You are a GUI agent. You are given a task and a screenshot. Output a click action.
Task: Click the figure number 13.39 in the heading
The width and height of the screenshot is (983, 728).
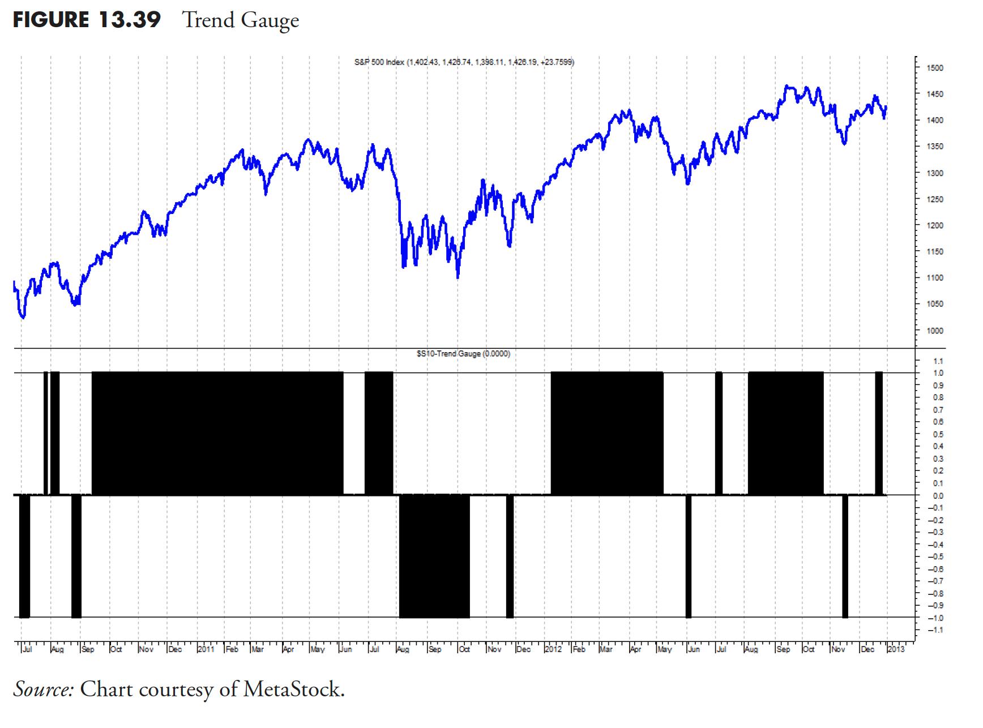[129, 20]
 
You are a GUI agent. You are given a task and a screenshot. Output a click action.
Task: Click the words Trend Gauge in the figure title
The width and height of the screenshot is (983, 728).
[241, 20]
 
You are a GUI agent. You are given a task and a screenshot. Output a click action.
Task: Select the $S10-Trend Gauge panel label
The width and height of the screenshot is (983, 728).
[463, 354]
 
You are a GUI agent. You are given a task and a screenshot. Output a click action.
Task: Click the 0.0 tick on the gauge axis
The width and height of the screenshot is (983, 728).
[938, 496]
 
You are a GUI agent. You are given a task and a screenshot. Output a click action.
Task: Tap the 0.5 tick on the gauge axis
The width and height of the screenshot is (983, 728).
[938, 435]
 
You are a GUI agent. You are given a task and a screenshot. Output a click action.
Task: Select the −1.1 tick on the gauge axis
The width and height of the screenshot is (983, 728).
[937, 630]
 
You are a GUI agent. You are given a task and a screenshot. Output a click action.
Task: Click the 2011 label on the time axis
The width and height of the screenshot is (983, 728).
[206, 649]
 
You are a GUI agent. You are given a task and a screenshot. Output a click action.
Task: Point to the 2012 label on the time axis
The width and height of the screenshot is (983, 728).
[553, 649]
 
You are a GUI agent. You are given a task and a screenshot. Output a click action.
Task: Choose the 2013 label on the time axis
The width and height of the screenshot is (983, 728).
[896, 649]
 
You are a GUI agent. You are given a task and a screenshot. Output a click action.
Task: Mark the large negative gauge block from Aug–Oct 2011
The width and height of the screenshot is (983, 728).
[434, 556]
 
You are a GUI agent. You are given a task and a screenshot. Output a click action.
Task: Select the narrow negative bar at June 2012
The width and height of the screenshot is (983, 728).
[689, 556]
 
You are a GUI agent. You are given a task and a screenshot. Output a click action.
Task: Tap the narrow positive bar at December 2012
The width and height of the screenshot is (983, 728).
[879, 434]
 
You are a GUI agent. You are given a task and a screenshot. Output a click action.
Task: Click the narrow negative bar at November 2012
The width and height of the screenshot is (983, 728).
[845, 556]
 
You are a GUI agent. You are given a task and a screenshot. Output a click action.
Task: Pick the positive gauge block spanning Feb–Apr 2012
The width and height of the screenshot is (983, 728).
[606, 434]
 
